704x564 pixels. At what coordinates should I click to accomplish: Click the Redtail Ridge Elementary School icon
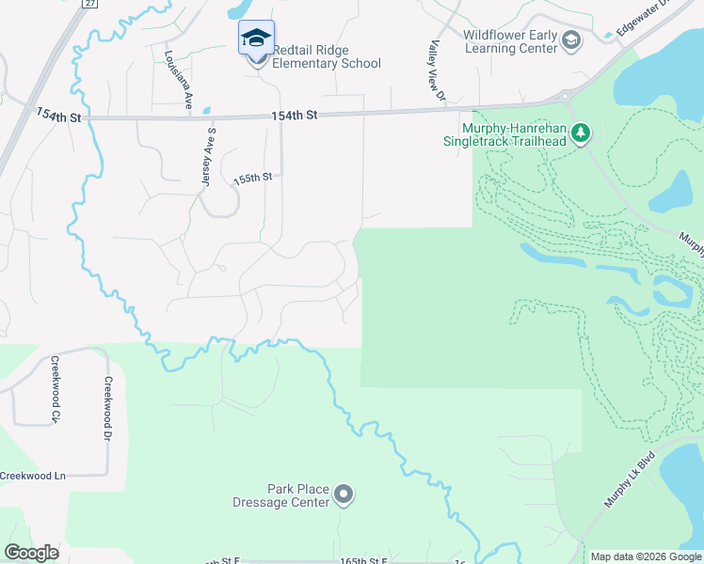pyautogui.click(x=256, y=39)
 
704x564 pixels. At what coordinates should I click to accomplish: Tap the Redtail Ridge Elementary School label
pyautogui.click(x=327, y=56)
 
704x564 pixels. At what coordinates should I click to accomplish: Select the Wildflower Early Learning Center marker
pyautogui.click(x=571, y=40)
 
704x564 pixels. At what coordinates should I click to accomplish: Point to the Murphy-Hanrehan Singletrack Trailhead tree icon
pyautogui.click(x=581, y=133)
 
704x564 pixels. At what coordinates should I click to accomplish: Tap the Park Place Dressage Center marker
pyautogui.click(x=344, y=494)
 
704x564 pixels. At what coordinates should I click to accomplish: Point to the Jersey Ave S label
pyautogui.click(x=208, y=156)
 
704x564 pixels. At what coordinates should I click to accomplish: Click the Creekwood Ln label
pyautogui.click(x=33, y=477)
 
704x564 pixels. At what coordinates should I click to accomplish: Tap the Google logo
pyautogui.click(x=31, y=553)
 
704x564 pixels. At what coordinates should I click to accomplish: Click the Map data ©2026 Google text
pyautogui.click(x=646, y=556)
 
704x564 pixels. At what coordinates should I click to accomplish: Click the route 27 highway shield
pyautogui.click(x=88, y=3)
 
